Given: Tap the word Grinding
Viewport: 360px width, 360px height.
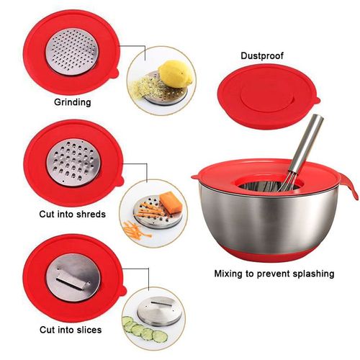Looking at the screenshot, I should (73, 102).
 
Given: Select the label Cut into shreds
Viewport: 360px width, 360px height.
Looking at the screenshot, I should (72, 214).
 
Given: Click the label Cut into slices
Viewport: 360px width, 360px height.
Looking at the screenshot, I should (70, 330).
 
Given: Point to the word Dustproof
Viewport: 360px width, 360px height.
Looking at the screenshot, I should (261, 55).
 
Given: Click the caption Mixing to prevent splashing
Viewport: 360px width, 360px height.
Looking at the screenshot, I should (274, 274).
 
